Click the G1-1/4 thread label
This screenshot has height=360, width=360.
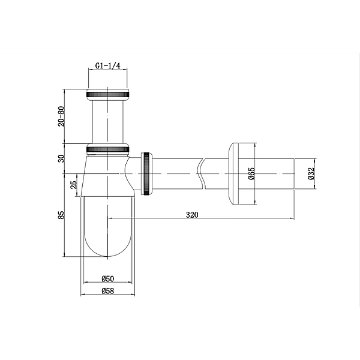click(x=107, y=66)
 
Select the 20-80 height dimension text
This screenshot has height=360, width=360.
click(x=62, y=116)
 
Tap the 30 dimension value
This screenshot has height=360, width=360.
click(x=62, y=158)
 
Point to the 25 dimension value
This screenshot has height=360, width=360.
click(x=74, y=185)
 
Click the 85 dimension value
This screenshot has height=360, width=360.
click(x=62, y=215)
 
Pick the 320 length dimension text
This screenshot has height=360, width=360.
click(x=192, y=215)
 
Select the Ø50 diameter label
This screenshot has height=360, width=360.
click(x=107, y=278)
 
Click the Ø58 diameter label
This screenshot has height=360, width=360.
click(x=107, y=291)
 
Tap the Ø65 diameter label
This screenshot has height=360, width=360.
click(x=252, y=173)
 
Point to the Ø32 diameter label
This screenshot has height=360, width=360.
click(x=311, y=173)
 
